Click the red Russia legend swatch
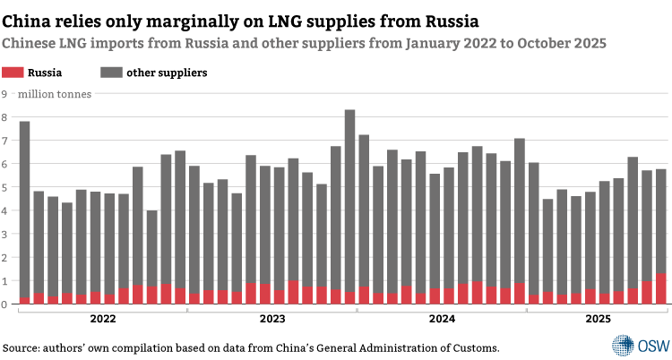point(14,73)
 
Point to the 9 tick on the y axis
point(4,93)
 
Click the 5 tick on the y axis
point(4,187)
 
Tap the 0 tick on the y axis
point(4,304)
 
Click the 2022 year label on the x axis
point(102,318)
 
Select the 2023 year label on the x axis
point(271,318)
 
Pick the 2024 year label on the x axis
point(442,318)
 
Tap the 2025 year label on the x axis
point(598,318)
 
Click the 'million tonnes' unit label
point(54,93)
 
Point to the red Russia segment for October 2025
point(661,289)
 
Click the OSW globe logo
point(622,345)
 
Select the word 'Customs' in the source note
point(471,347)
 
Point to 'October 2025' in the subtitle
point(564,42)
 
